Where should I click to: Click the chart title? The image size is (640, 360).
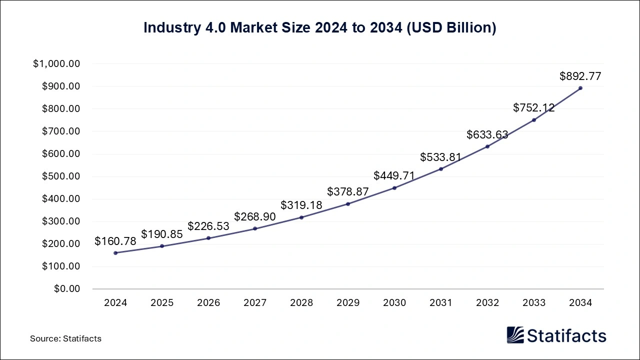[x=319, y=28]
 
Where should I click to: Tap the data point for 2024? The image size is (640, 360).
[x=115, y=253]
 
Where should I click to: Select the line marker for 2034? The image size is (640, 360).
[x=580, y=88]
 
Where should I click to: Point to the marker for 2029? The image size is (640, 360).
[x=348, y=204]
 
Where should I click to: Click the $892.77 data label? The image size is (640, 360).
[x=580, y=76]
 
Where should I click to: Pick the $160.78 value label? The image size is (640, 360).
[x=115, y=241]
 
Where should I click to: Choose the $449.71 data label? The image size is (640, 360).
[x=394, y=175]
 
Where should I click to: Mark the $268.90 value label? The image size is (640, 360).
[x=255, y=216]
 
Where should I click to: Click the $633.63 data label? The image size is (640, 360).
[x=487, y=134]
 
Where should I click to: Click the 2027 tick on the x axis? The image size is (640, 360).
[x=255, y=303]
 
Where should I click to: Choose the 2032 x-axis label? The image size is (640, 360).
[x=487, y=303]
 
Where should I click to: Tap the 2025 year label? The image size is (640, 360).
[x=162, y=303]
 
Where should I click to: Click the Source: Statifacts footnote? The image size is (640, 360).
[x=65, y=338]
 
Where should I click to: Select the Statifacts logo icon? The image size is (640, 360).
[x=515, y=335]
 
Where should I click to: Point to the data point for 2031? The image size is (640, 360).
[x=441, y=169]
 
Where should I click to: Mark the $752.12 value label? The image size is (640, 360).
[x=534, y=108]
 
